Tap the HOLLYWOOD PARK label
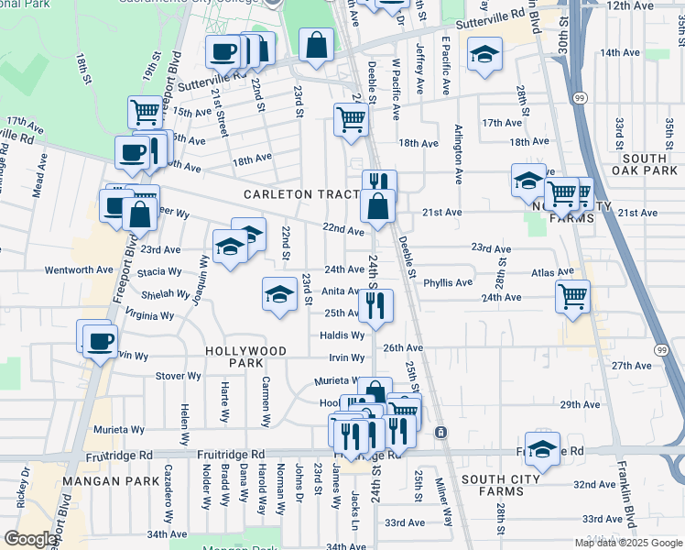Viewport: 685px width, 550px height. pos(246,357)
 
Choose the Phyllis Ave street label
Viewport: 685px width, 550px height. pos(448,282)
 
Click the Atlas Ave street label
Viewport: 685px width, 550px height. pos(553,272)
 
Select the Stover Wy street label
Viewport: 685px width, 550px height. pos(179,376)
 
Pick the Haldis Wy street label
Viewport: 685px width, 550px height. pos(342,335)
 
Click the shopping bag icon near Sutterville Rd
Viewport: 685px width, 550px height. pos(316,45)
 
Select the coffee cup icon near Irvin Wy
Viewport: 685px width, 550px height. pos(99,343)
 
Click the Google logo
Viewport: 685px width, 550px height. pos(30,539)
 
